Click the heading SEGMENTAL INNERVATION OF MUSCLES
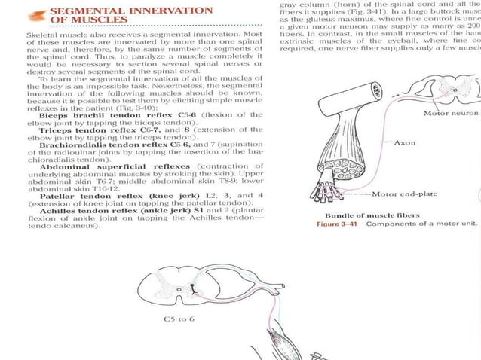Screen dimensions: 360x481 130,15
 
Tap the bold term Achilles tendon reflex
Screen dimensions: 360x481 90,210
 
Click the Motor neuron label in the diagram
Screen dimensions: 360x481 450,114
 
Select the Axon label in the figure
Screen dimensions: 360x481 405,142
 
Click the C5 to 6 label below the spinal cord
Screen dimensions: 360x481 179,319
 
